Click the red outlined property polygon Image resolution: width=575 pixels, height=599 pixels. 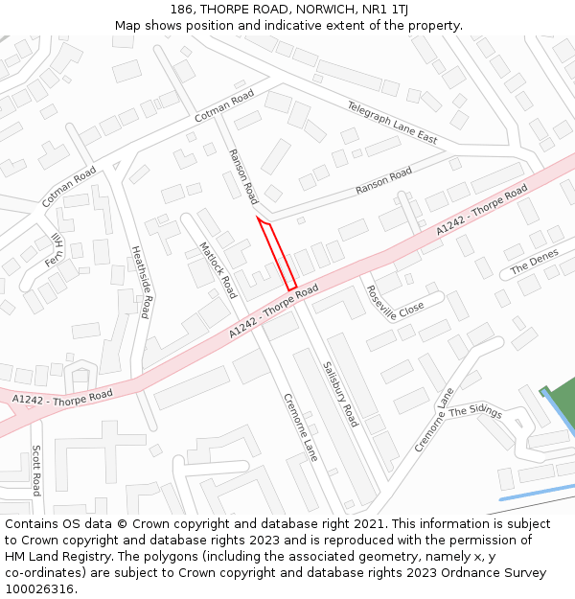pos(278,254)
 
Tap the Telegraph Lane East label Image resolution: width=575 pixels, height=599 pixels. pos(392,123)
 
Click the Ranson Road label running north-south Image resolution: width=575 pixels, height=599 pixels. pos(242,176)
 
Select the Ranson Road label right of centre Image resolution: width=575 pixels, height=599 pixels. pos(383,180)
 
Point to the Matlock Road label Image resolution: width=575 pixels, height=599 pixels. pos(218,269)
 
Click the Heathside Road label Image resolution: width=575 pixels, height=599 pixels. pos(141,282)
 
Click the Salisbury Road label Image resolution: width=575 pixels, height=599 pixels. pos(340,394)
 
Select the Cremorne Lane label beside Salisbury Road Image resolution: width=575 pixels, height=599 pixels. pos(300,427)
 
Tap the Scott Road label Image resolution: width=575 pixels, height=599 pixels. pos(36,470)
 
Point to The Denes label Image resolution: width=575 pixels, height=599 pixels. pos(534,262)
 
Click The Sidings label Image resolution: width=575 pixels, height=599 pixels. pos(475,411)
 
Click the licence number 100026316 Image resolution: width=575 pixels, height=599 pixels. pos(39,588)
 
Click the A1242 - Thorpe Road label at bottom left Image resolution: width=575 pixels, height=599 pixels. pos(62,396)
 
